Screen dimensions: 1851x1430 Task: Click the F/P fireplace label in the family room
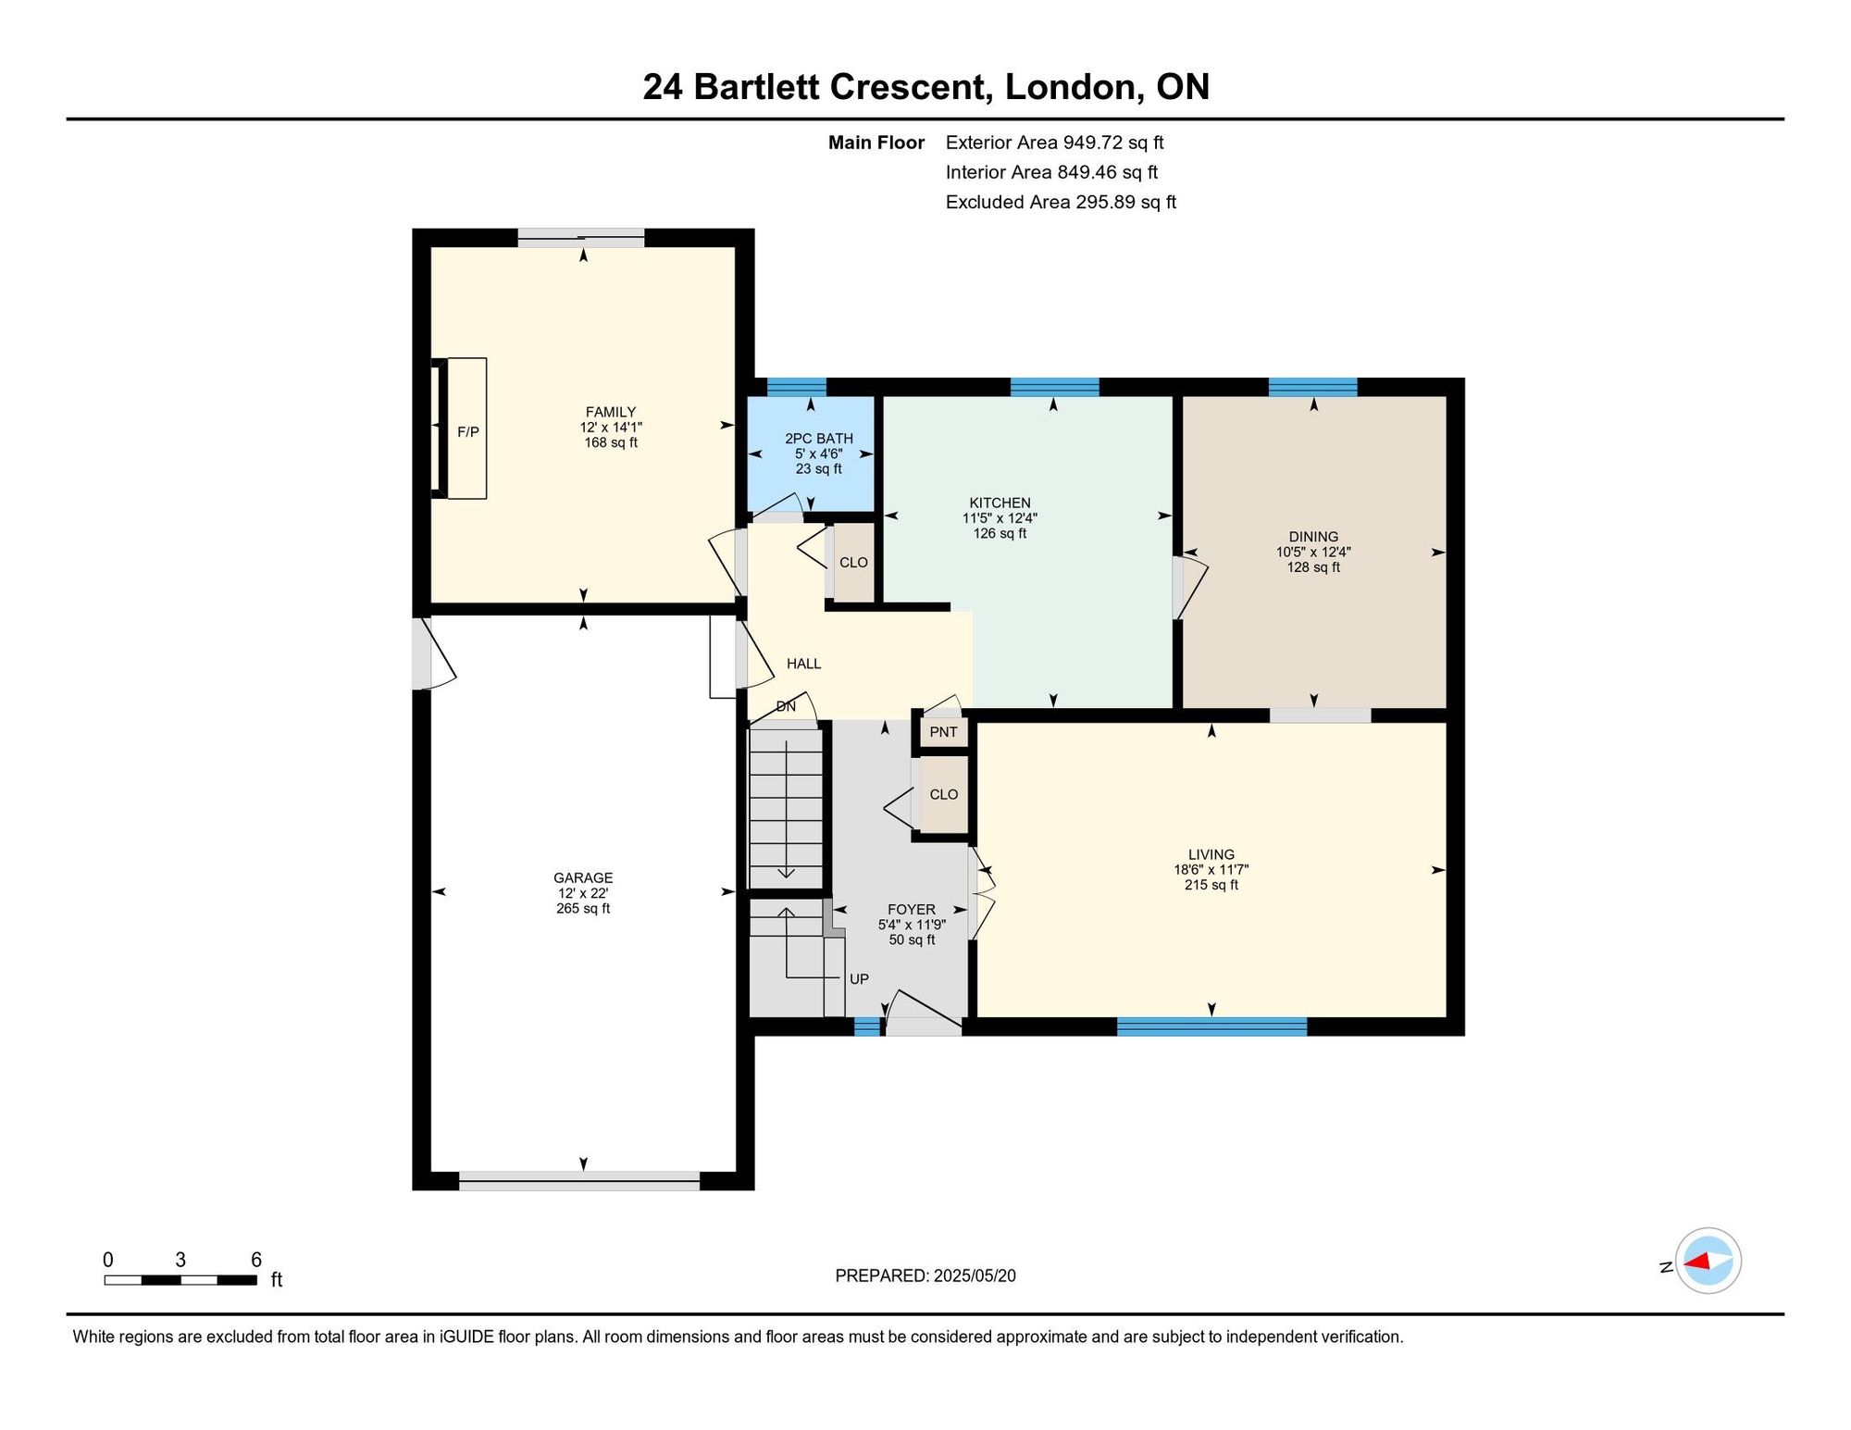tap(468, 432)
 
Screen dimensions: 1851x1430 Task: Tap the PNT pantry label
tap(944, 732)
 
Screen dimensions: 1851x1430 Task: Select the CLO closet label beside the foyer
tap(944, 794)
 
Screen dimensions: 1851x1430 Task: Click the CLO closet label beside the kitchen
tap(853, 563)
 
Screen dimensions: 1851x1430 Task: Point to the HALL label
tap(803, 664)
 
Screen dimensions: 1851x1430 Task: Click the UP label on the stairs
tap(859, 979)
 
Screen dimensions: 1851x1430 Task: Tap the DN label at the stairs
tap(786, 706)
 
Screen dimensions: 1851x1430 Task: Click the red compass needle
tap(1696, 1261)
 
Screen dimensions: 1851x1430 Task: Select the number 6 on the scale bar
tap(256, 1260)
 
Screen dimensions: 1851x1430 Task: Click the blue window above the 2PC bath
tap(796, 387)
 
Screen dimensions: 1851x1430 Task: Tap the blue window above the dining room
tap(1312, 387)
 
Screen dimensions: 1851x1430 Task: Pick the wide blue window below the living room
tap(1211, 1026)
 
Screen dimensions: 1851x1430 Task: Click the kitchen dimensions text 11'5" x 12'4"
tap(1000, 518)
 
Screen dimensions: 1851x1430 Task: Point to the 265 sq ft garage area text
tap(583, 908)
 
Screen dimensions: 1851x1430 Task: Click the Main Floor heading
tap(876, 143)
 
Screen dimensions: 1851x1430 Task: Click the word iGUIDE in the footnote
tap(466, 1337)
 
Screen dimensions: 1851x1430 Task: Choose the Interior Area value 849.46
tap(1087, 172)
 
